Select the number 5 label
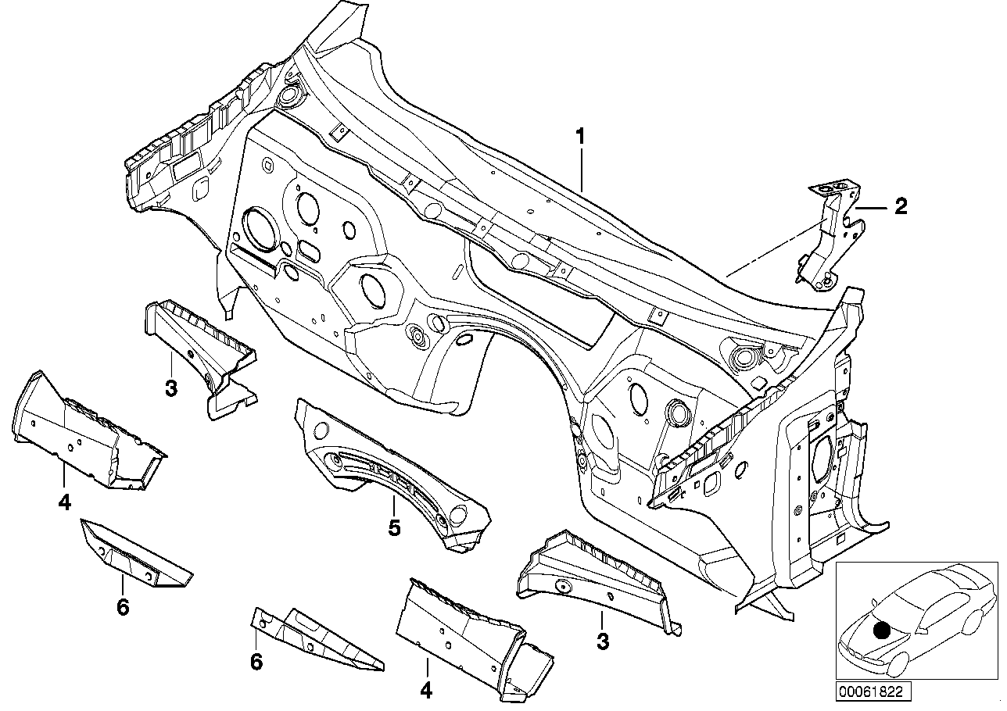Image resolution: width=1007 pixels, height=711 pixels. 395,529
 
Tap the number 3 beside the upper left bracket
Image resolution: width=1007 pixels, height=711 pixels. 171,387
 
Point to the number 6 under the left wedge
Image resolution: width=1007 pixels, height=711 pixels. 122,606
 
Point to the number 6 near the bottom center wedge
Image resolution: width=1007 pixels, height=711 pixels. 256,662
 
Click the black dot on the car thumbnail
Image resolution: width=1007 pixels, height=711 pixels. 882,630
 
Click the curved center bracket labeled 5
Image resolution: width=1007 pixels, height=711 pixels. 391,469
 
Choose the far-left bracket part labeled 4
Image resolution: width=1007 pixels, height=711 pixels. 78,434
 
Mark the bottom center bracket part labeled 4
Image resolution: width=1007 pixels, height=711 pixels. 469,629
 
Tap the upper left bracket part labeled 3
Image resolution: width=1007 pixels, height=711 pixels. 199,344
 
